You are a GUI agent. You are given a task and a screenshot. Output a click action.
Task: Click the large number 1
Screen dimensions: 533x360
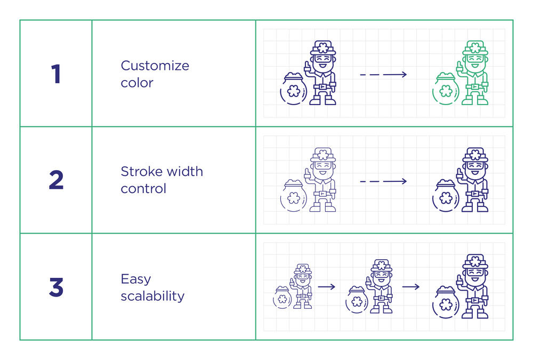[56, 74]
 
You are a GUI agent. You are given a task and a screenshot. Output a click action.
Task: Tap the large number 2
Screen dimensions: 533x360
[56, 180]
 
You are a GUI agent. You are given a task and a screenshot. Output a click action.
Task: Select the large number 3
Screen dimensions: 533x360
[56, 287]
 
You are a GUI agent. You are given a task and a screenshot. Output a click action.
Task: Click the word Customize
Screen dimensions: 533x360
[155, 66]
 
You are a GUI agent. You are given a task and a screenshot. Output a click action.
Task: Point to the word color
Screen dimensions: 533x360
[137, 83]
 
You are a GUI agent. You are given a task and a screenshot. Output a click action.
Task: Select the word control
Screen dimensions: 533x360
[143, 188]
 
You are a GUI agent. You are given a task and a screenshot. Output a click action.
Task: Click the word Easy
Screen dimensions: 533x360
[135, 279]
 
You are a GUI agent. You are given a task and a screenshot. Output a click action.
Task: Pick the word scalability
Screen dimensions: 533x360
[152, 296]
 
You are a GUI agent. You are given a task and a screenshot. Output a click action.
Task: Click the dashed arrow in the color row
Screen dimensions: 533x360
[383, 75]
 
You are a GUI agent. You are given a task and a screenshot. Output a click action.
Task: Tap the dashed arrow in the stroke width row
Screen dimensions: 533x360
[383, 181]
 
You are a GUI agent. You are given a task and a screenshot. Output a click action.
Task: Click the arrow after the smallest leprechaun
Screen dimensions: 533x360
[327, 287]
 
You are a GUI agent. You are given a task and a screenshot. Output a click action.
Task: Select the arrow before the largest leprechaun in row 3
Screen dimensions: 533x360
[411, 287]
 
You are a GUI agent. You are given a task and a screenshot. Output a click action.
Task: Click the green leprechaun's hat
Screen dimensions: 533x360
[475, 48]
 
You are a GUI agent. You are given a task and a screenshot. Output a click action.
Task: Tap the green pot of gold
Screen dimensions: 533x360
[446, 89]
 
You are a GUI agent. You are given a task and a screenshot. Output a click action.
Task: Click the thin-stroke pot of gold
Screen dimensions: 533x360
[294, 195]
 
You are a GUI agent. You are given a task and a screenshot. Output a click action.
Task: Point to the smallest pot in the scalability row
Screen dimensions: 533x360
[282, 298]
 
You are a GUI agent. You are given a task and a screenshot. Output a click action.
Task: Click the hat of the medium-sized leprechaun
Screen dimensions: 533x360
[382, 266]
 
